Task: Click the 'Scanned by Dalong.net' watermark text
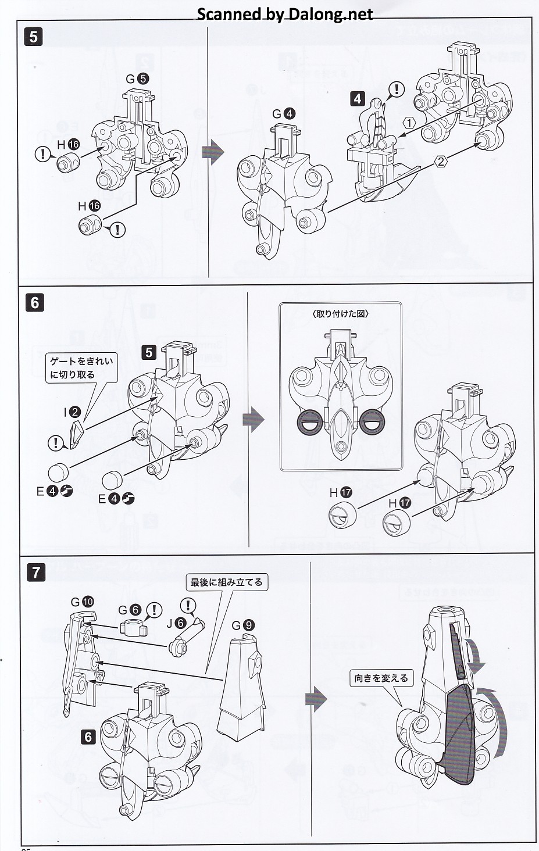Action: (284, 14)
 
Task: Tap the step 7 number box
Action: (36, 573)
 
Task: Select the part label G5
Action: (137, 79)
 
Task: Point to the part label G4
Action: (284, 114)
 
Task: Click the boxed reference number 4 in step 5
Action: (358, 98)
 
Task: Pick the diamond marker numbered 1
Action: (409, 123)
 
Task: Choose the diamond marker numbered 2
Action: (441, 162)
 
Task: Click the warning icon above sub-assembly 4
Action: (397, 90)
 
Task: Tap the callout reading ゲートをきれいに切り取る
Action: (81, 368)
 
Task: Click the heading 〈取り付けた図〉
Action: (340, 314)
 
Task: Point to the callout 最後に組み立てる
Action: (226, 582)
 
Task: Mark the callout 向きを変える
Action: (381, 678)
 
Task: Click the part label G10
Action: (82, 602)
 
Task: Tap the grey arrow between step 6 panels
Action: (254, 419)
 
